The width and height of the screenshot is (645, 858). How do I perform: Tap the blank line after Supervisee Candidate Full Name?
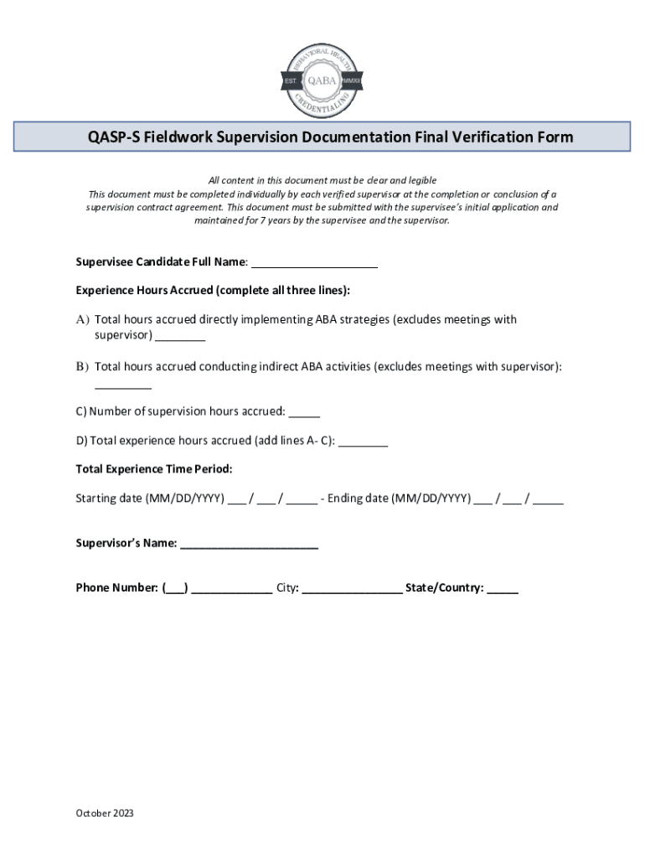314,263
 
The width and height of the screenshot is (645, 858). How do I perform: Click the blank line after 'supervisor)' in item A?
180,336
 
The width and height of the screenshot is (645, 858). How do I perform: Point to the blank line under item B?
123,385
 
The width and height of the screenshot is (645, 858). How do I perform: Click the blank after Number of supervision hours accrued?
305,411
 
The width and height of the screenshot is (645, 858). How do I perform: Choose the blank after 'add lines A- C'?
364,441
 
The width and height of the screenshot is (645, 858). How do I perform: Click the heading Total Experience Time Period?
154,468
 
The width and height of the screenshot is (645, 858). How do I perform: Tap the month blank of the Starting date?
236,499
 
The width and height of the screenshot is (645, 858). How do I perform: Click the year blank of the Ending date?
548,499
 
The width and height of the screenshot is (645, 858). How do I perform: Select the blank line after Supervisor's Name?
249,544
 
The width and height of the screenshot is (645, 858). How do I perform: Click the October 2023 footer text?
105,814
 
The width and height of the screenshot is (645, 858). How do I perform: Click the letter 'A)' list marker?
82,320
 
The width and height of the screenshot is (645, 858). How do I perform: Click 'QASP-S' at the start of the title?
114,137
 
